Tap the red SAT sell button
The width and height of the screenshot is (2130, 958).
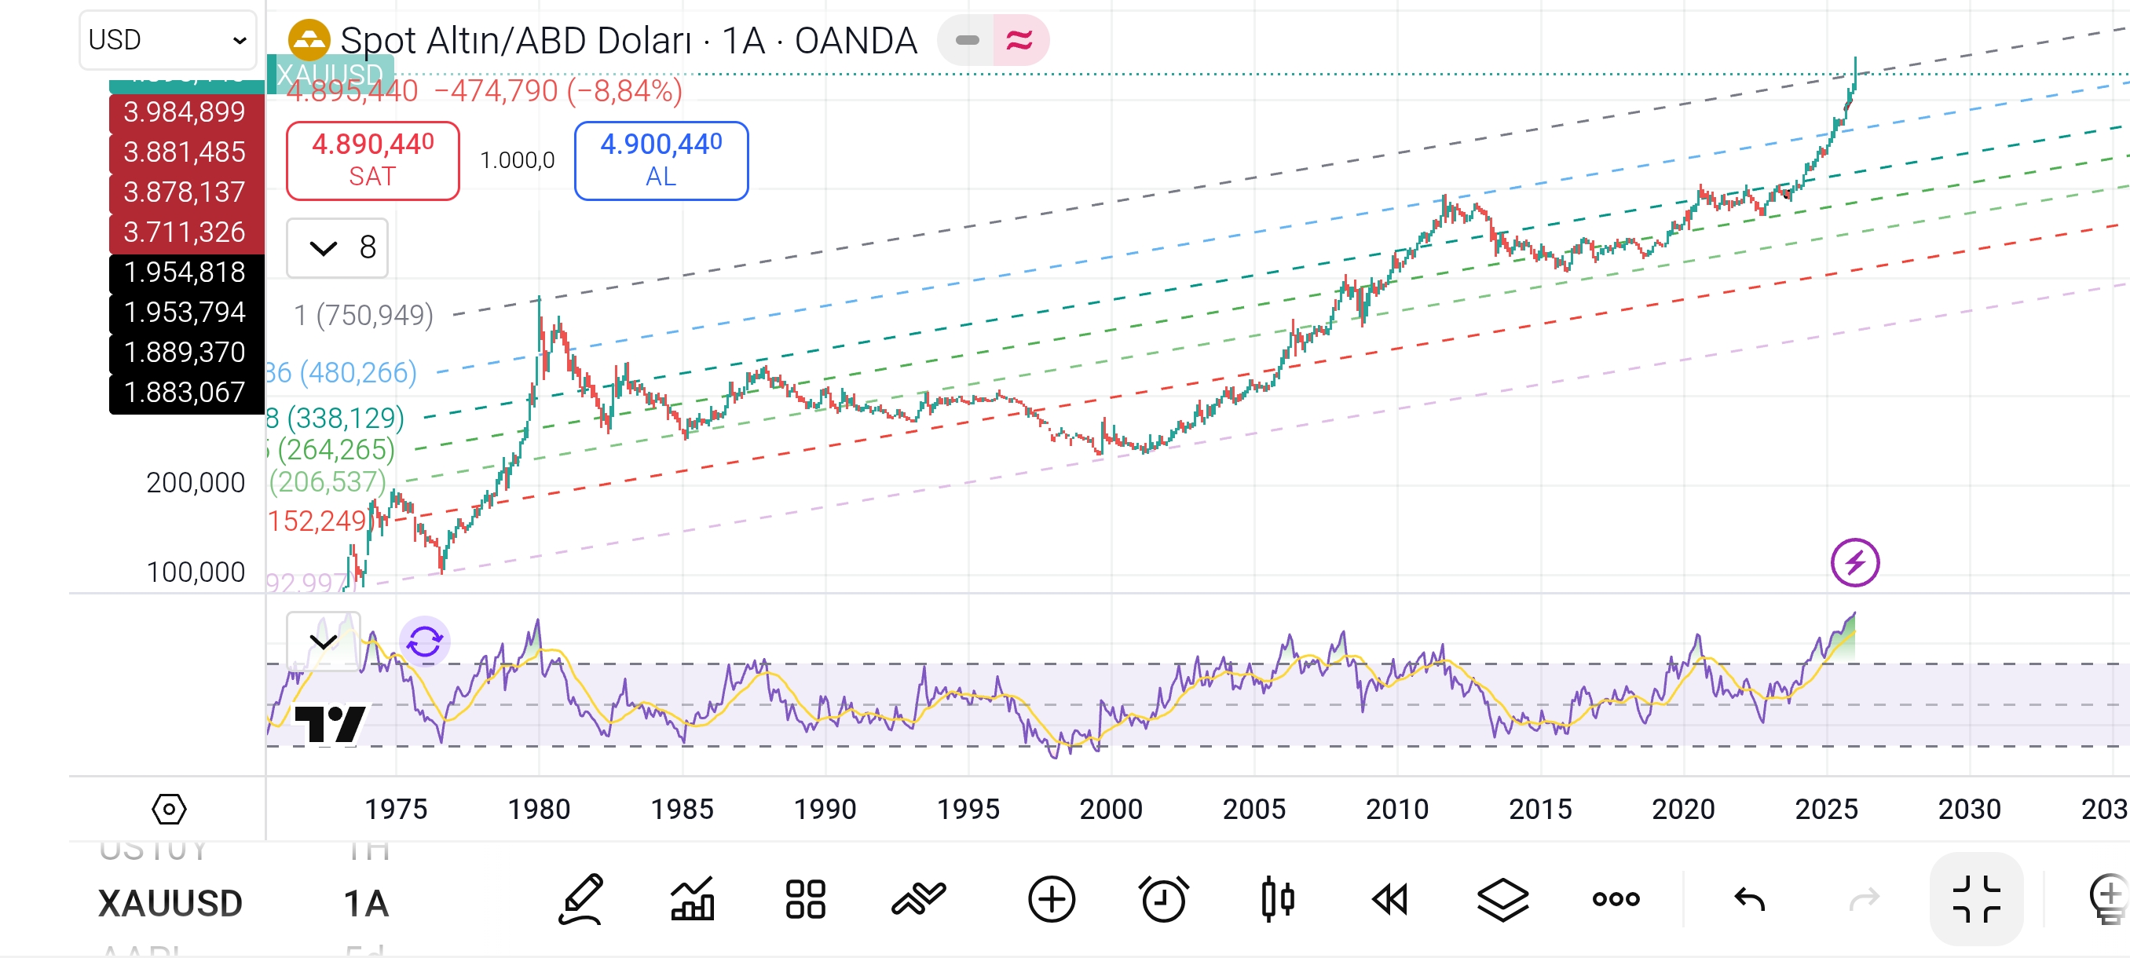click(x=372, y=160)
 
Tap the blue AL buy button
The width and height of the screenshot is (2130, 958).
click(x=661, y=160)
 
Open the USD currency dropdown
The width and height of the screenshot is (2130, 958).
click(x=168, y=40)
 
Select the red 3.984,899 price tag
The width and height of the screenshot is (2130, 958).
click(x=185, y=112)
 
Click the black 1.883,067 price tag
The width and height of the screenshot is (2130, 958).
click(x=185, y=392)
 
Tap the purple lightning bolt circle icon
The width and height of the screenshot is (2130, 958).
click(x=1854, y=563)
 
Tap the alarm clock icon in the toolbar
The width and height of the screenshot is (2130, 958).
click(x=1163, y=899)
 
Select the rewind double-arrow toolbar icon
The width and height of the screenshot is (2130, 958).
click(x=1390, y=899)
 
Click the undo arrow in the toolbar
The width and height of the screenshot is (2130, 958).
click(x=1749, y=899)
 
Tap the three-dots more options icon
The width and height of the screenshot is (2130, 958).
click(x=1616, y=899)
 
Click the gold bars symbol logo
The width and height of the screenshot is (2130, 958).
click(x=309, y=40)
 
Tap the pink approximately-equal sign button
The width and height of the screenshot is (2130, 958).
click(x=1019, y=40)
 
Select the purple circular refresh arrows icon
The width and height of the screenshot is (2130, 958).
click(x=425, y=641)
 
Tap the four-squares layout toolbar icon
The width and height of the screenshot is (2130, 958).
click(x=804, y=899)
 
